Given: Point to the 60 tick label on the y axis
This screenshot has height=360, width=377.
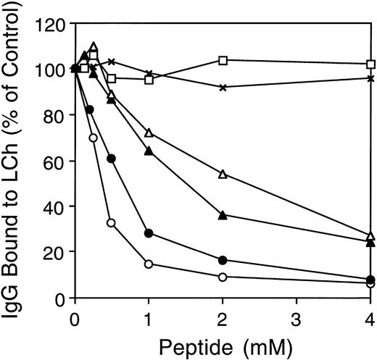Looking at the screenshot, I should pos(53,161).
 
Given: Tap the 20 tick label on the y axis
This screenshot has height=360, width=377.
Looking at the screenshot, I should pos(53,252).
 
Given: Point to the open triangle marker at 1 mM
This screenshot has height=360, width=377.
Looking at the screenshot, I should pos(149,133).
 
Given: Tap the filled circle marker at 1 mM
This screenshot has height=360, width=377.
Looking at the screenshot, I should pos(149,233).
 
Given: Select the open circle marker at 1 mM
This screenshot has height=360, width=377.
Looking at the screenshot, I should pos(149,264).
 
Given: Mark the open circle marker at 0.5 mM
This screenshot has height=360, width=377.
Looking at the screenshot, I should pos(111,223).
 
